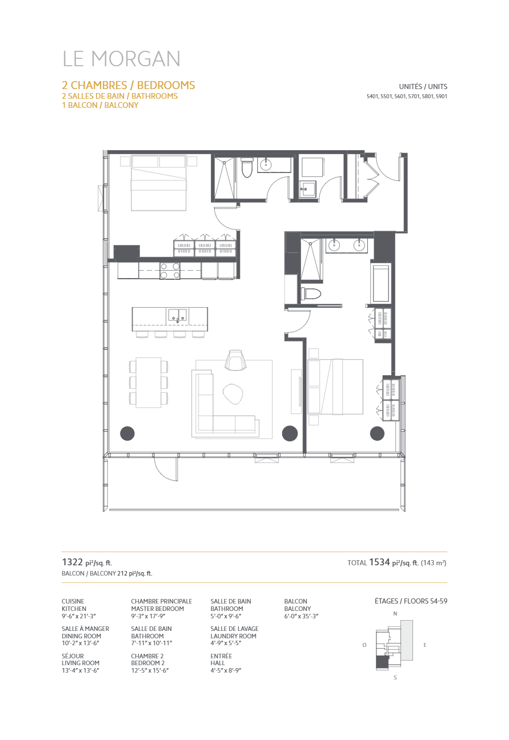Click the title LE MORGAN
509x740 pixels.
[121, 59]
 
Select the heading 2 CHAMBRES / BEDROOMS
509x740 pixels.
[128, 85]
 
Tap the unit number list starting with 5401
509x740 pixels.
[407, 96]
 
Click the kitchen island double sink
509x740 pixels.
[177, 315]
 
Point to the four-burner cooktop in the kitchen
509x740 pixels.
[170, 271]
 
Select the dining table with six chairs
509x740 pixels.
[149, 382]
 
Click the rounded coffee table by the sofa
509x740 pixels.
[233, 393]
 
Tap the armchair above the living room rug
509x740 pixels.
[235, 360]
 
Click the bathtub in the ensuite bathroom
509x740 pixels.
[381, 283]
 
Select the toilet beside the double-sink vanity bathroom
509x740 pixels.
[310, 294]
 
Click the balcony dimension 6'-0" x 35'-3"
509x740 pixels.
[301, 617]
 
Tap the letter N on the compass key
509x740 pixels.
[395, 613]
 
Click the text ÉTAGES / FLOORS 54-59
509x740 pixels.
[411, 601]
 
